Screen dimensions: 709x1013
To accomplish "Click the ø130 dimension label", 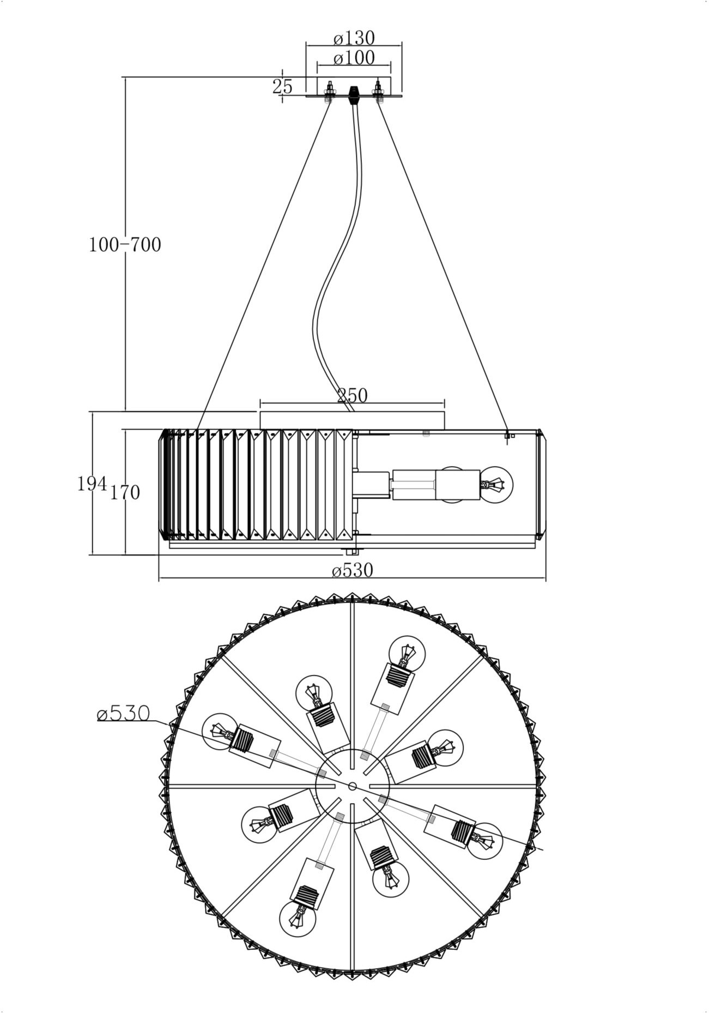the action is point(354,38).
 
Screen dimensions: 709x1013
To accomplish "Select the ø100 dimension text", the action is point(354,57).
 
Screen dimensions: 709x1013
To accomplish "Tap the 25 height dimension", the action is point(282,87).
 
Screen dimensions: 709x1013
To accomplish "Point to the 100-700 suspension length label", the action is point(125,245).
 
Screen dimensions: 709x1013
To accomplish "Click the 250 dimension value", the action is point(353,395).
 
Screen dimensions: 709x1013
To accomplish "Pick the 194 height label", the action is point(92,484).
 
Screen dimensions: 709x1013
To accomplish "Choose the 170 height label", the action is point(125,493).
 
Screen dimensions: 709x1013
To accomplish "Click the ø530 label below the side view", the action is point(353,571).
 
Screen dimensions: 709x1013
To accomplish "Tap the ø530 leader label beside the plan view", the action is point(123,713).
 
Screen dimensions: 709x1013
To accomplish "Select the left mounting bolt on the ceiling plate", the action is point(330,92).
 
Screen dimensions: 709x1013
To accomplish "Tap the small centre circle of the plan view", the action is point(352,786).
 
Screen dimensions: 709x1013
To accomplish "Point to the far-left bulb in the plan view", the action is point(220,732).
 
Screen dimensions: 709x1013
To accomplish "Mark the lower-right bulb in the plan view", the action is point(484,841).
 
